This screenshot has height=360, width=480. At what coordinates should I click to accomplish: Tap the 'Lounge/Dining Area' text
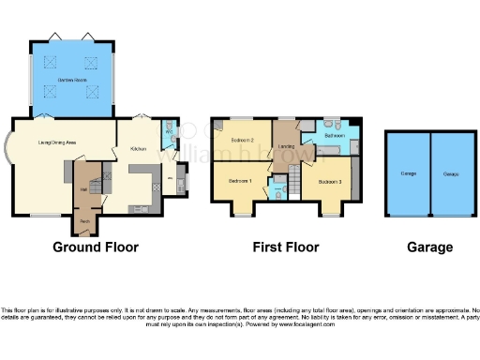point(55,142)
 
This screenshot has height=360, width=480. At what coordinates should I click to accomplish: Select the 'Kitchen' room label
point(137,148)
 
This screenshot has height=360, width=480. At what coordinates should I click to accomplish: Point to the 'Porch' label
point(84,221)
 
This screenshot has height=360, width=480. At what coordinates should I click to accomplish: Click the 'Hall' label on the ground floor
point(84,189)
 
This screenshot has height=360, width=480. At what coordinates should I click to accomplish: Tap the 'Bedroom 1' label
point(239,179)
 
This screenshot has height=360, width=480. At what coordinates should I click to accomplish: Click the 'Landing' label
point(287,146)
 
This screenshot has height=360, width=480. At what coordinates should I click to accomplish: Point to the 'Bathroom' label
point(336,136)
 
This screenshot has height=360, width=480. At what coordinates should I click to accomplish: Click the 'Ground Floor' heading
point(96,248)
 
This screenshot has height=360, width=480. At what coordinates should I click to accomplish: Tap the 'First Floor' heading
point(286,248)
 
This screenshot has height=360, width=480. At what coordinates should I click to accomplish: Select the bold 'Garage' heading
point(429,248)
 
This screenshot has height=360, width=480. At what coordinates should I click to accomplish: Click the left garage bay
point(408,173)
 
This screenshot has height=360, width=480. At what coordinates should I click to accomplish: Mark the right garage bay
point(452,173)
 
